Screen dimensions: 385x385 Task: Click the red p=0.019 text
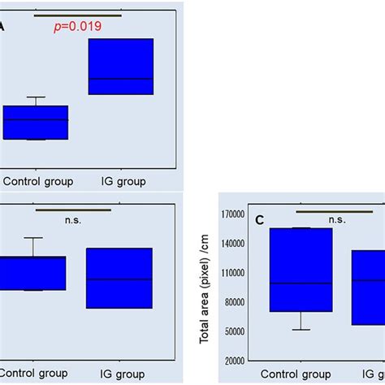pyautogui.click(x=77, y=26)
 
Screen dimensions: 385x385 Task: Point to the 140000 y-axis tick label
pyautogui.click(x=235, y=244)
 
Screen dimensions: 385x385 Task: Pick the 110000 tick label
pyautogui.click(x=235, y=273)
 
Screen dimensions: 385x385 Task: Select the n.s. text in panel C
pyautogui.click(x=337, y=219)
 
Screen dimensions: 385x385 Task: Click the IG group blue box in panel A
pyautogui.click(x=121, y=67)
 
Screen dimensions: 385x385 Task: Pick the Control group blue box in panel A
pyautogui.click(x=35, y=123)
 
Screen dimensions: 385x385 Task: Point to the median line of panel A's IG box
pyautogui.click(x=121, y=79)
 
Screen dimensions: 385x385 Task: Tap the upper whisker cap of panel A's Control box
pyautogui.click(x=35, y=97)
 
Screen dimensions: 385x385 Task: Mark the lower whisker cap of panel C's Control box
pyautogui.click(x=301, y=329)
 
